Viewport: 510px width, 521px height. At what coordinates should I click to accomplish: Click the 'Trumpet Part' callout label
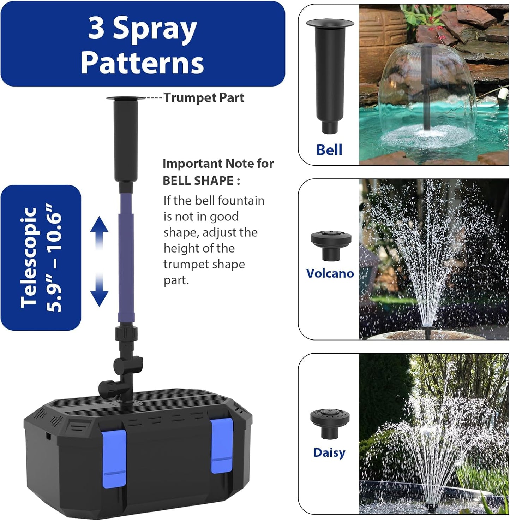pos(204,98)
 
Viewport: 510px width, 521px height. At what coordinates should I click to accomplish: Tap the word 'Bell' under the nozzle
pos(329,150)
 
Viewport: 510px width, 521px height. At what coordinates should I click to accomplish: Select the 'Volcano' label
pos(330,273)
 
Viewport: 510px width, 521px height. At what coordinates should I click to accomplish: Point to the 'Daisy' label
pos(329,452)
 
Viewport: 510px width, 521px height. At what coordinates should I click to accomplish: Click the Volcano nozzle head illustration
pos(331,244)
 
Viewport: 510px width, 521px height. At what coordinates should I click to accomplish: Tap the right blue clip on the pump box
pos(222,446)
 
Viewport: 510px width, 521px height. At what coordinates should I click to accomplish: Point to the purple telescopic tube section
pos(126,258)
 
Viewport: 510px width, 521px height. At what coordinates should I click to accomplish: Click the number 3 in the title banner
pos(96,28)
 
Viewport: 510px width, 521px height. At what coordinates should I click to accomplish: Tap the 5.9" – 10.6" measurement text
pos(54,258)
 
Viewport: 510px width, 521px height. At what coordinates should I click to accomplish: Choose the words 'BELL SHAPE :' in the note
pos(201,180)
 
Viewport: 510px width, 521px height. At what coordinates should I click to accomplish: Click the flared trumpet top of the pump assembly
pos(125,99)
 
